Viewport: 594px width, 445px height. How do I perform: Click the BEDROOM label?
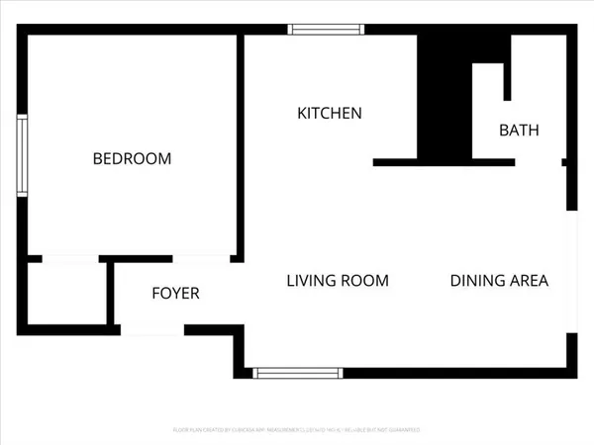coord(132,158)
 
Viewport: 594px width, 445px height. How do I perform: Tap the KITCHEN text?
coord(330,114)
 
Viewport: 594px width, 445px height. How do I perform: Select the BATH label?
coord(518,131)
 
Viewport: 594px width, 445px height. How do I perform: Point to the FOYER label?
coord(175,294)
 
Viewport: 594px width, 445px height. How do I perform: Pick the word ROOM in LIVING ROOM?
coord(366,281)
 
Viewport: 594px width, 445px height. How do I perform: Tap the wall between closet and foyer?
coord(109,294)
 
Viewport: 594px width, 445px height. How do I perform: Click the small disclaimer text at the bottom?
coord(297,430)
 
